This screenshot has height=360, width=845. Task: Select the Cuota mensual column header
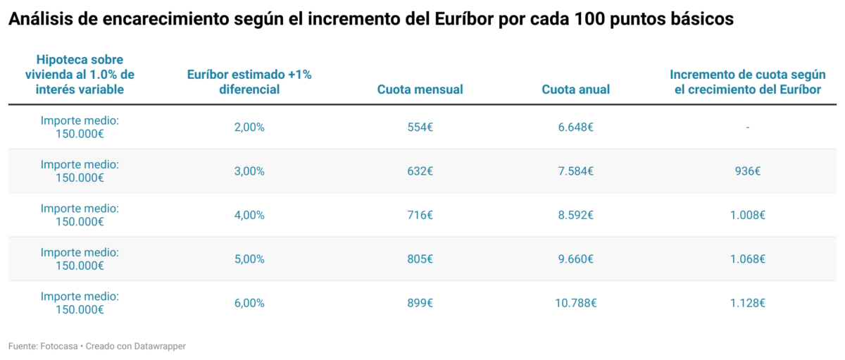420,89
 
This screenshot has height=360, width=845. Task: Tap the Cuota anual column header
575,89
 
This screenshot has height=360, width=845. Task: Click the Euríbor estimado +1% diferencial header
249,82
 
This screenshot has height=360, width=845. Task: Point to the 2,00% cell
249,128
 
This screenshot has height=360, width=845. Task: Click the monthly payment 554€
420,128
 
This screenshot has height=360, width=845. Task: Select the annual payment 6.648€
575,128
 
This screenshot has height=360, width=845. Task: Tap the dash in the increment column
747,128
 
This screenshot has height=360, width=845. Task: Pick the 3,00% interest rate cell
249,171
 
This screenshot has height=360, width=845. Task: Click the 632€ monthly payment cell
420,171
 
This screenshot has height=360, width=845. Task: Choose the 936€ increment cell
747,171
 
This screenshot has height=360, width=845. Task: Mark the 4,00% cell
249,216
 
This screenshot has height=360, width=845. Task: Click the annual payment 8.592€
575,216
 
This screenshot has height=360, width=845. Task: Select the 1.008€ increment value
747,216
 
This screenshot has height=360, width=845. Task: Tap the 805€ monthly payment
420,259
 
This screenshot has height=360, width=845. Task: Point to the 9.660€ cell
575,259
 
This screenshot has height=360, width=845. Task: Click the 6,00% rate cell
249,303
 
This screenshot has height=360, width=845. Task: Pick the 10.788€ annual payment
575,303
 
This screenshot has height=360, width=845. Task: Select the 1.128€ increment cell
747,303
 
